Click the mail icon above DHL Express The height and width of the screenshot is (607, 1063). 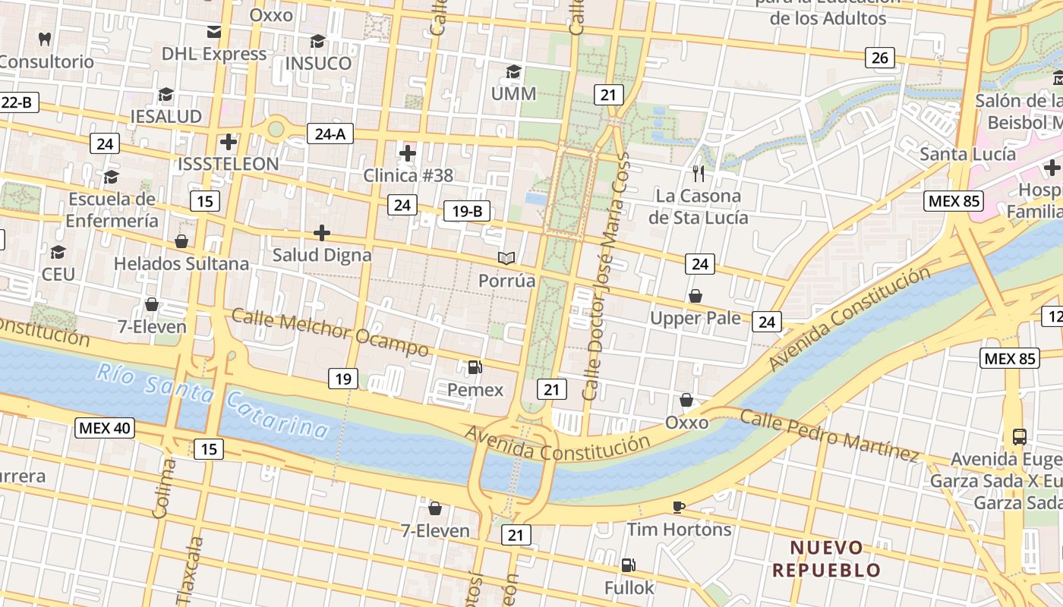coord(214,32)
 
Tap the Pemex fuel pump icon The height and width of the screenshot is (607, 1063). coord(475,367)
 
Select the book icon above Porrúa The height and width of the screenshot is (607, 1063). coord(506,258)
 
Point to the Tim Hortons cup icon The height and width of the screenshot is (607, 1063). coord(679,507)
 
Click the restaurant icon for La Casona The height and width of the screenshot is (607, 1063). coord(699,174)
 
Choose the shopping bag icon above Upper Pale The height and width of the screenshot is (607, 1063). coord(695,296)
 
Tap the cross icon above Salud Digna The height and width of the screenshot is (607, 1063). coord(322,232)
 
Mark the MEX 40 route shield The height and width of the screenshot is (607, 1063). coord(106,428)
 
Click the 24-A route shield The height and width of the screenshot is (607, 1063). coord(330,134)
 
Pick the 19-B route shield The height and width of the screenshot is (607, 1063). coord(467,212)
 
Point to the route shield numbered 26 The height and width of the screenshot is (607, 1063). coord(879,58)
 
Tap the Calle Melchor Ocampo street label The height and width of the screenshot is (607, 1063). coord(330,332)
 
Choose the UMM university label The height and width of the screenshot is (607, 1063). coord(513,94)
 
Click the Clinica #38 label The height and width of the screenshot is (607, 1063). coord(408,175)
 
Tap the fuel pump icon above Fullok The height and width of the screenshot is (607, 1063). coord(628,565)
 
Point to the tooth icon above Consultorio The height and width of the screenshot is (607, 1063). coord(44,39)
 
